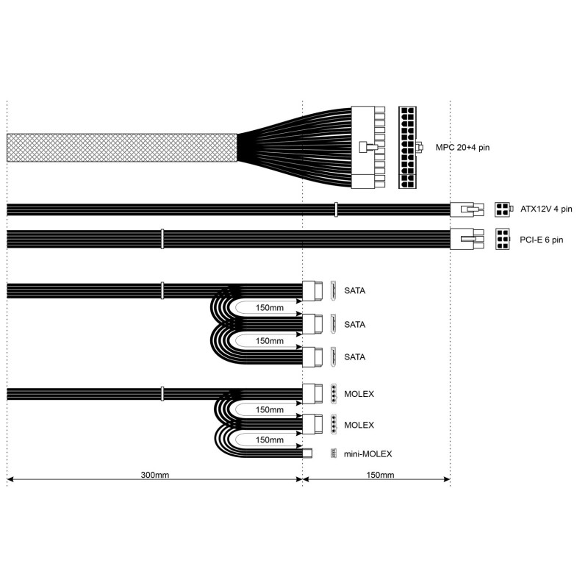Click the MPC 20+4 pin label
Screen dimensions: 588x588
tap(462, 148)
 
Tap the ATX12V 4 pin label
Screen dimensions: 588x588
tap(546, 209)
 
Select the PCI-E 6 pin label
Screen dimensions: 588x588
tap(541, 240)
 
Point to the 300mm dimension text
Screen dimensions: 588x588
tap(155, 475)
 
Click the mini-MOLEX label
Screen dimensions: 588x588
tap(367, 453)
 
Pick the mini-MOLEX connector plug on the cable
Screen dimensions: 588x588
tap(307, 453)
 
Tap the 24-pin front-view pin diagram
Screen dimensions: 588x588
tap(407, 148)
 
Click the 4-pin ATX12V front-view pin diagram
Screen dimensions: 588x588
tap(502, 209)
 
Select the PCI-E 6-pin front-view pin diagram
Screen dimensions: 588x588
tap(503, 240)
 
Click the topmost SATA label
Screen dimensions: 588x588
tap(354, 290)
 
